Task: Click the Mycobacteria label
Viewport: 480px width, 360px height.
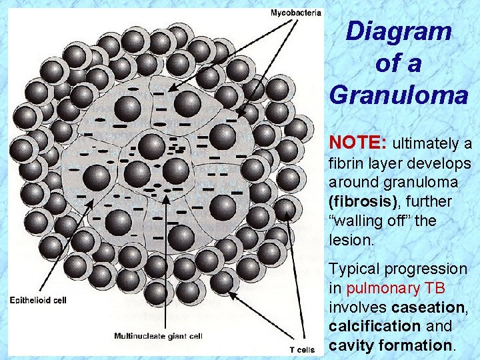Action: coord(295,12)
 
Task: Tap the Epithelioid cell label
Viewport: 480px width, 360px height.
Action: coord(38,300)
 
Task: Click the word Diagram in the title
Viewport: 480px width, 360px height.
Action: coord(399,31)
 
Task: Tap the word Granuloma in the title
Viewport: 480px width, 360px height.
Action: coord(399,95)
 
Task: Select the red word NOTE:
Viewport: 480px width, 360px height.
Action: coord(358,143)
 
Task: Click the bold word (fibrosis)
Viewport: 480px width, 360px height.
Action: coord(361,201)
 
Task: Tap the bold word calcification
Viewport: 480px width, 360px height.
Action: coord(375,327)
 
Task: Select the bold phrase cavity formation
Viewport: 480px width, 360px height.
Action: coord(391,346)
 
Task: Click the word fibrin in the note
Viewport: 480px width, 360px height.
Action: coord(345,163)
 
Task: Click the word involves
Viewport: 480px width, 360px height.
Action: coord(359,307)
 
